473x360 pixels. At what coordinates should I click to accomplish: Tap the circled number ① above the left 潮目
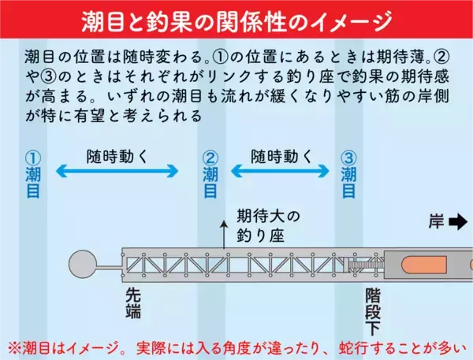32,157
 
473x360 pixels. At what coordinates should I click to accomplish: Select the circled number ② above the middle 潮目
210,157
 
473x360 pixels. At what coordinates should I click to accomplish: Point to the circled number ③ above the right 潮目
348,157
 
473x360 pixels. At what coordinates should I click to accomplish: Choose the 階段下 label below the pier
373,310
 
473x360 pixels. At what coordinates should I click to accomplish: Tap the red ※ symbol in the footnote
14,347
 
